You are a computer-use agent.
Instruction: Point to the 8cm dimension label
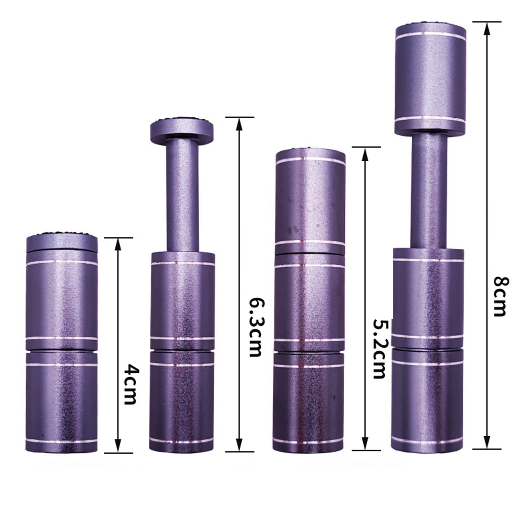coord(500,297)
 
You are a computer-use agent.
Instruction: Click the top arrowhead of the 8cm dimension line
coord(487,29)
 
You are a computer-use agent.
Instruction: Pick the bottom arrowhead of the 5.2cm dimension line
coord(365,443)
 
